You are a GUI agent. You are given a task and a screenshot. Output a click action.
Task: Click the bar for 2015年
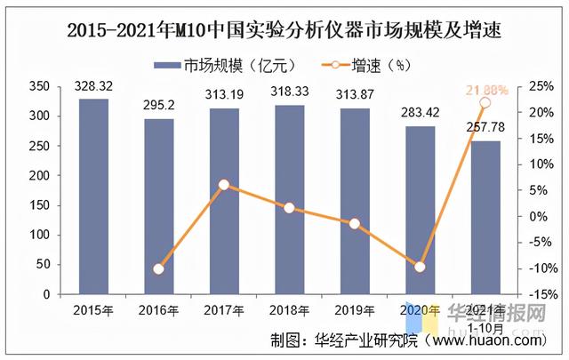click(93, 196)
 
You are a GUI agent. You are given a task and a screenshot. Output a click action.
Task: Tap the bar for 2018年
click(289, 199)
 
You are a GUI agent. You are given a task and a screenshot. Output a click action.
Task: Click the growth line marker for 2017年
click(224, 185)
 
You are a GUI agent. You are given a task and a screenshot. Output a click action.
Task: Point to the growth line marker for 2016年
click(158, 268)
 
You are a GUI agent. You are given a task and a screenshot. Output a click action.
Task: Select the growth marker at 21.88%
click(485, 103)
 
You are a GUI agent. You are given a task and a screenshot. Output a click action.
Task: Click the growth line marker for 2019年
click(355, 223)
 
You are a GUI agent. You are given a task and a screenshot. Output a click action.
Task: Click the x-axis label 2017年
click(223, 310)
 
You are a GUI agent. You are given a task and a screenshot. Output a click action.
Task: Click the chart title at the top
click(284, 30)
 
